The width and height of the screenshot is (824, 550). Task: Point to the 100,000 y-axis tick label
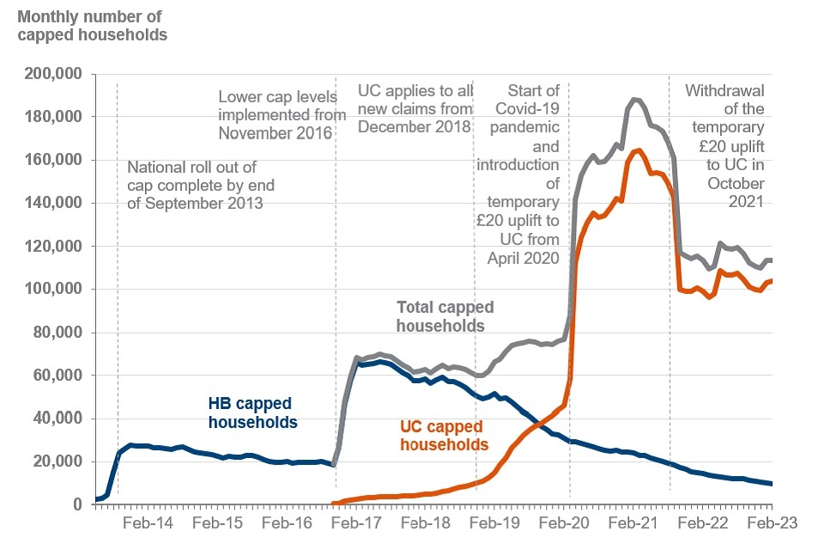57,290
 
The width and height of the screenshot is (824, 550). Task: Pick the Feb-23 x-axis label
772,522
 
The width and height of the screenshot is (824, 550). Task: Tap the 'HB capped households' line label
252,413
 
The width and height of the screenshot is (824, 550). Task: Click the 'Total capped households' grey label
445,316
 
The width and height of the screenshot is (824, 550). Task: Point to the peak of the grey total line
635,100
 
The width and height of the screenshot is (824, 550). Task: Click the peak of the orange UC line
639,150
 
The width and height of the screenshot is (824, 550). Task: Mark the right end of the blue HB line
772,484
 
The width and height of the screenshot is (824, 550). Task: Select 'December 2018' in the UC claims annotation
415,126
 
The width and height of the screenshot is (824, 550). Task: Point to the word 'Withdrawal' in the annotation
724,90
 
